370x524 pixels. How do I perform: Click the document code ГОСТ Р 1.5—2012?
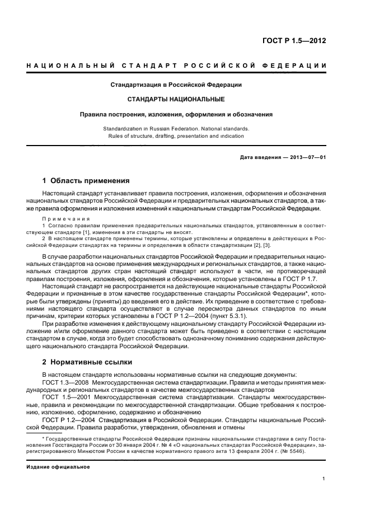coord(294,41)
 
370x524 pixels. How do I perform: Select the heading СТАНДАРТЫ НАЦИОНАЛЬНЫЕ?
coord(176,99)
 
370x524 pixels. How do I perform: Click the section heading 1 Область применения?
coord(86,181)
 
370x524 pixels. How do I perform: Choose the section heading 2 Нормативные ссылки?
coord(87,362)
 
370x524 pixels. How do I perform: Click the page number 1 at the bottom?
coord(324,478)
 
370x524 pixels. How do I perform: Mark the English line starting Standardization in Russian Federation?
coord(176,128)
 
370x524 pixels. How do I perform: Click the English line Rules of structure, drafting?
coord(176,135)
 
